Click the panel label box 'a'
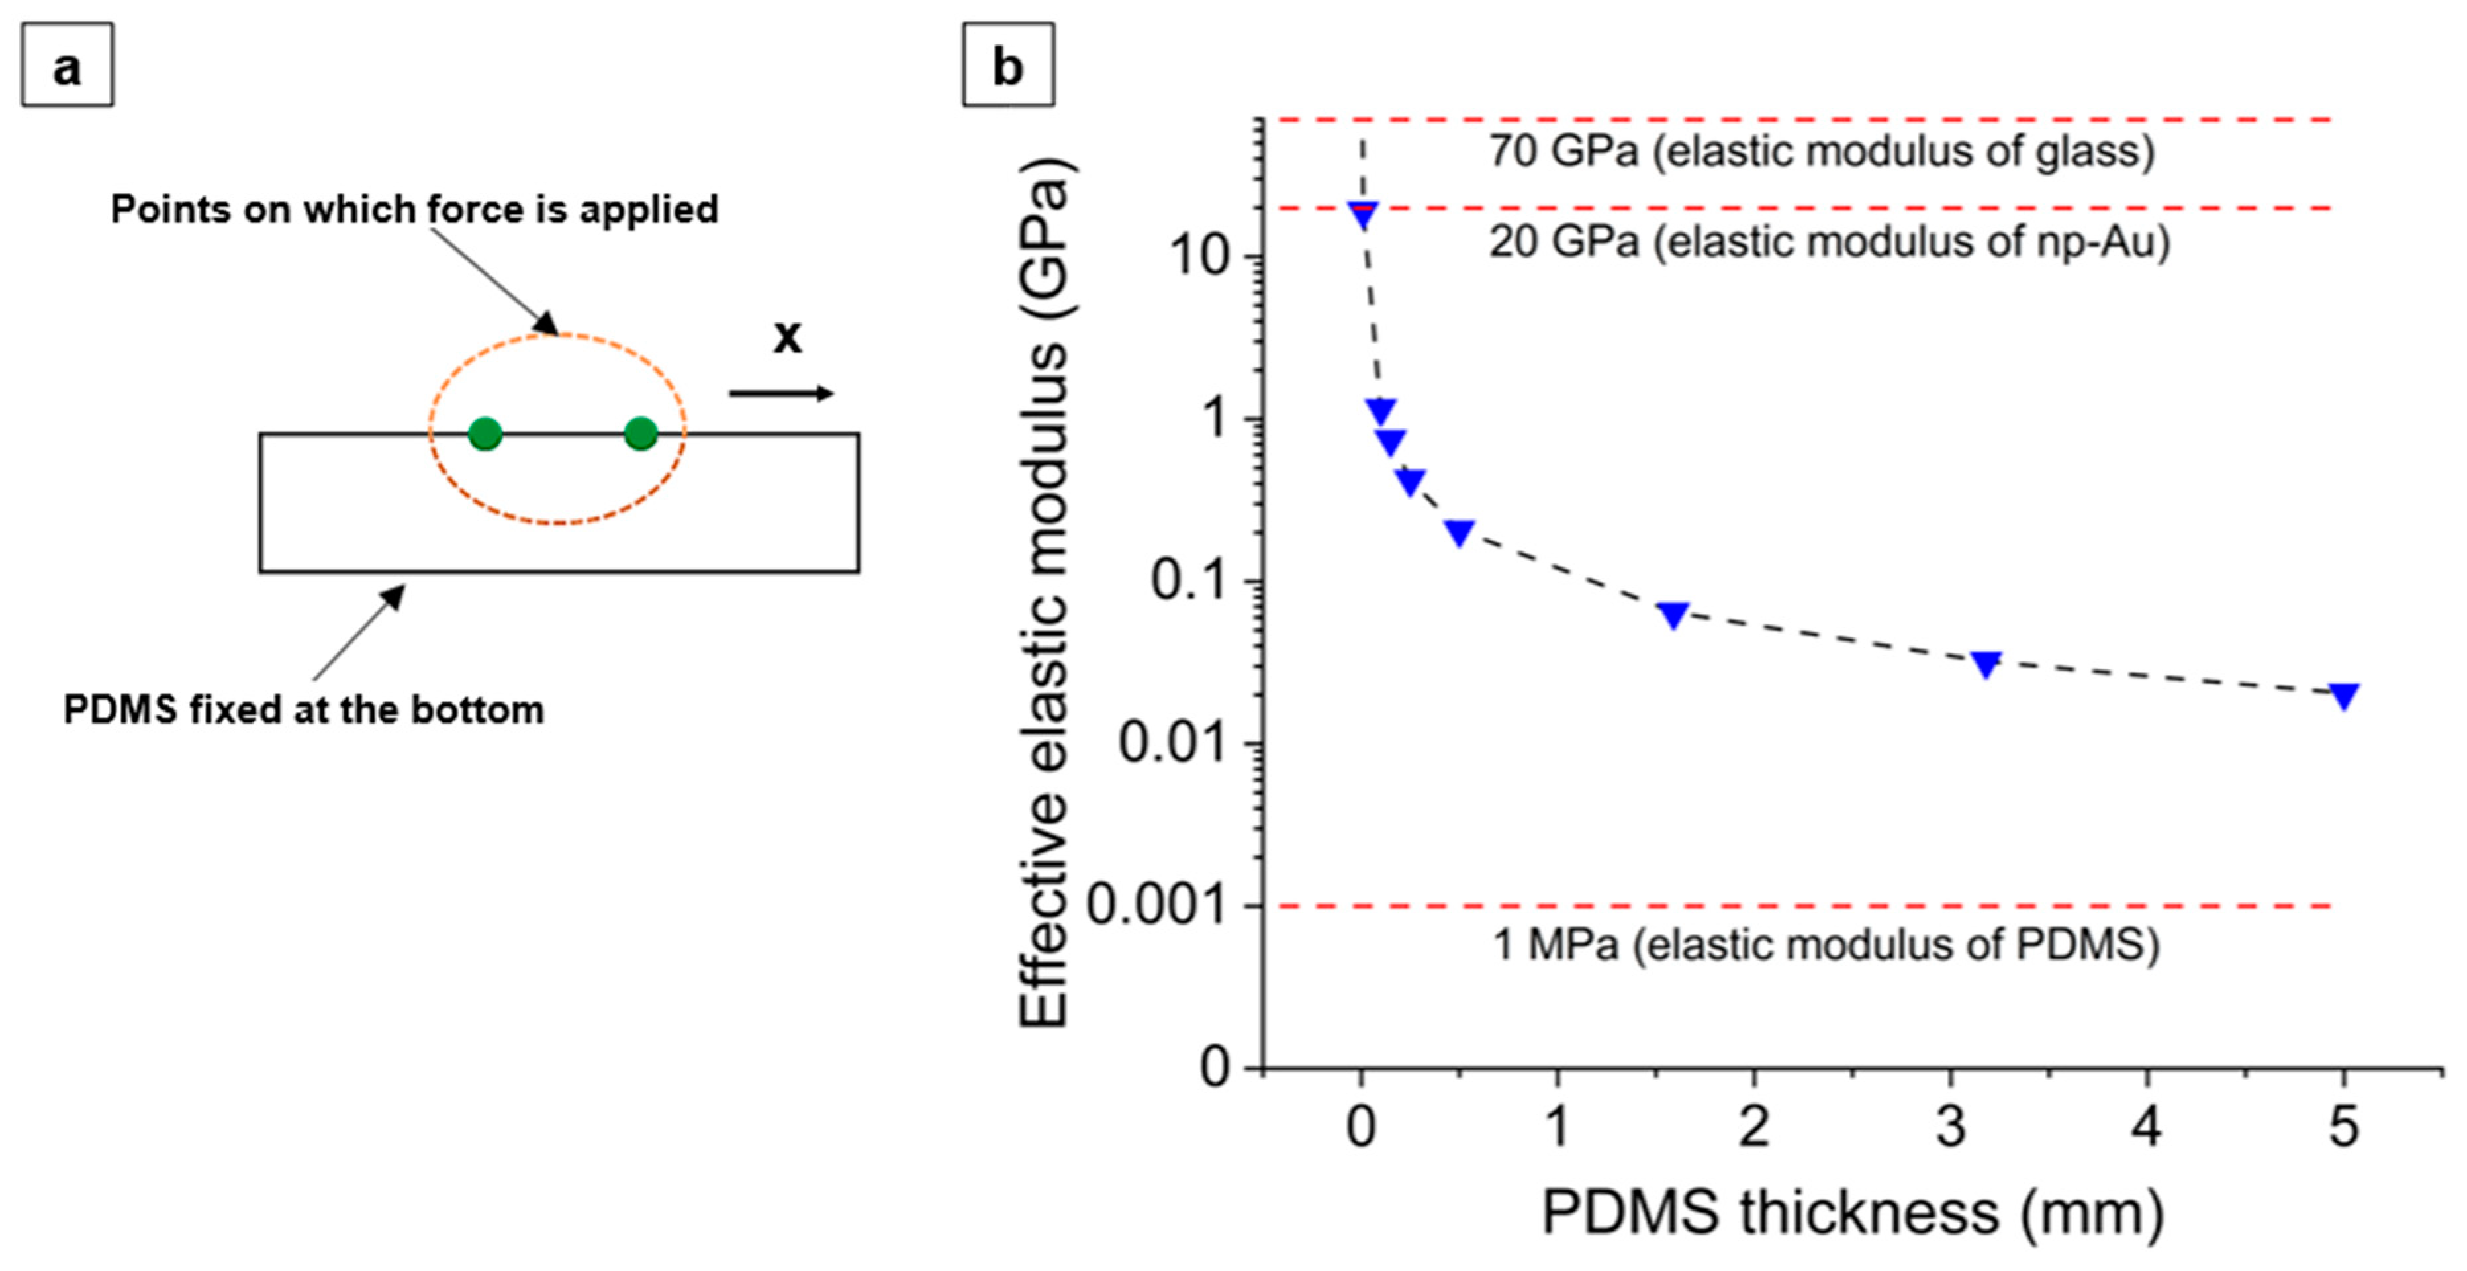tap(67, 65)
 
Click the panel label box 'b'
tap(1007, 65)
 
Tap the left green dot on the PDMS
tap(486, 434)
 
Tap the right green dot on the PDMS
tap(641, 434)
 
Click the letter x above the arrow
tap(787, 336)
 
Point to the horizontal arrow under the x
tap(780, 393)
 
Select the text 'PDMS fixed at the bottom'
tap(304, 710)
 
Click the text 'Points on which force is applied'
tap(414, 209)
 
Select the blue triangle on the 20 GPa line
tap(1362, 214)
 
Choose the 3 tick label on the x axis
tap(1951, 1127)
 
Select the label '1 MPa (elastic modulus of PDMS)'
tap(1826, 945)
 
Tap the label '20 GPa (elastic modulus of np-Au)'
tap(1829, 242)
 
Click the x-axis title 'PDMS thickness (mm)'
tap(1852, 1213)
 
